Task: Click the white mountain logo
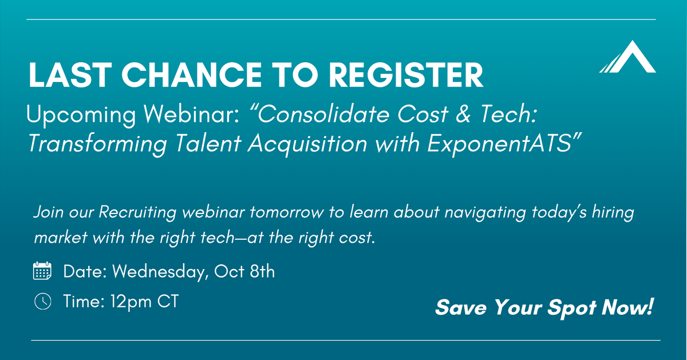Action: coord(627,57)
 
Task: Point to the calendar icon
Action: coord(42,271)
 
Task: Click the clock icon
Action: coord(42,301)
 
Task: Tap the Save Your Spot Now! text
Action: coord(544,308)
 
